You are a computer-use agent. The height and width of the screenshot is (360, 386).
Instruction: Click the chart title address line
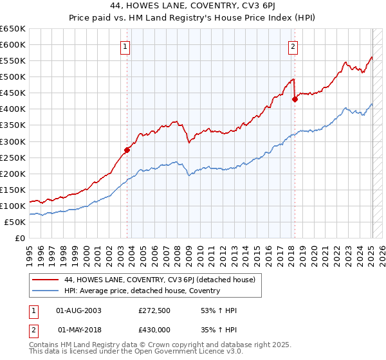click(x=193, y=6)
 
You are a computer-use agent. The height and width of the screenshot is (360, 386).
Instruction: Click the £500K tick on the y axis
click(x=12, y=77)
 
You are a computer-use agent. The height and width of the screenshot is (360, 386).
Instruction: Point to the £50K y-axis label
click(x=15, y=222)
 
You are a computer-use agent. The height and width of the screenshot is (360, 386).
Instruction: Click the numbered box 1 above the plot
click(x=125, y=46)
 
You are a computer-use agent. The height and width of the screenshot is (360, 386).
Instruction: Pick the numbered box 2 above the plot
click(x=293, y=46)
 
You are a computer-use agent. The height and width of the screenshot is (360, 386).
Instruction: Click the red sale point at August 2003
click(x=127, y=150)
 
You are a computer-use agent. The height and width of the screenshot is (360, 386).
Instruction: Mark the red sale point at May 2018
click(x=295, y=99)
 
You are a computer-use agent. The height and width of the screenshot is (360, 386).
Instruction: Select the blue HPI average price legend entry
click(x=142, y=291)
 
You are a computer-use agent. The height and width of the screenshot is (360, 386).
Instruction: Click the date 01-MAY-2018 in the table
click(x=79, y=329)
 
